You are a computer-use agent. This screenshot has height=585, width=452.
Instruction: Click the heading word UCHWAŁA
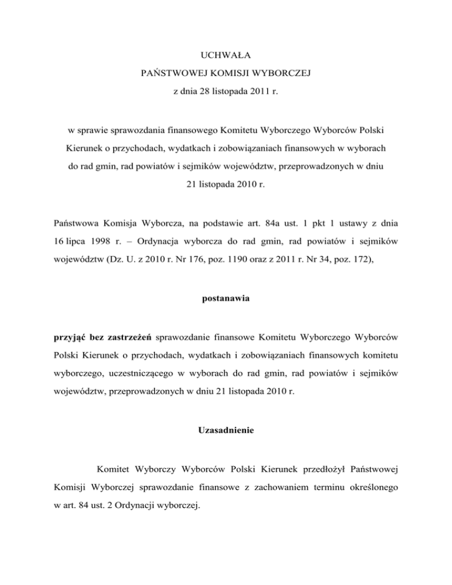tap(225, 56)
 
